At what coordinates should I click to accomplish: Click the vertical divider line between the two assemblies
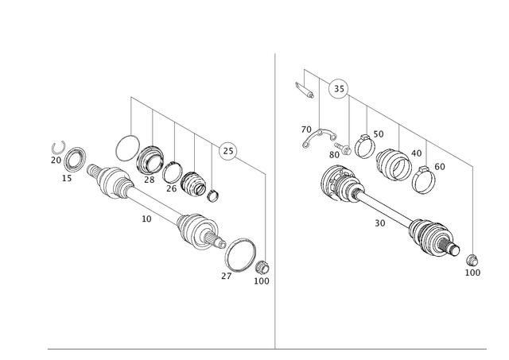pos(275,199)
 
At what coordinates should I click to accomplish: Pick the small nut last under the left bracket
pos(212,191)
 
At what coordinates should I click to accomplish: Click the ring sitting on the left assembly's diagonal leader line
pos(227,149)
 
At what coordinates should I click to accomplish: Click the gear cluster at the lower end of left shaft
pos(196,230)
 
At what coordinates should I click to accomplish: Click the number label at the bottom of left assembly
pos(263,280)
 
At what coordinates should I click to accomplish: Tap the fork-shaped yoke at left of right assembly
pos(313,137)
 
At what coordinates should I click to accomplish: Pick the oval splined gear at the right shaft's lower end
pos(433,238)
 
